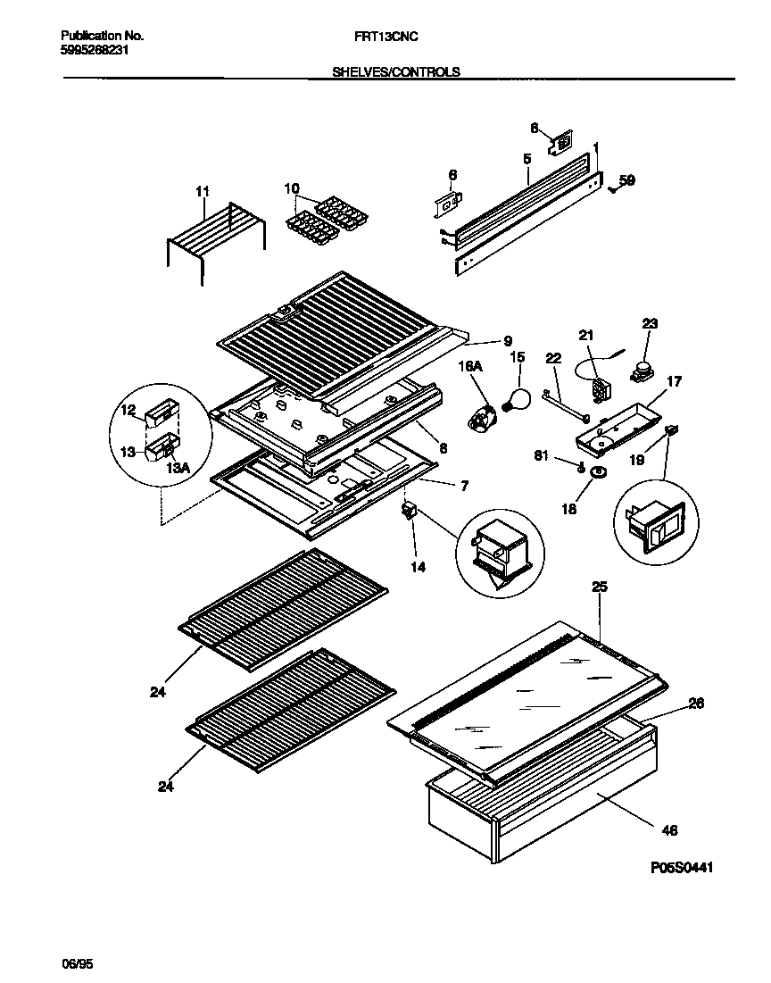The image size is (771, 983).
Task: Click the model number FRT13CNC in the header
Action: coord(385,36)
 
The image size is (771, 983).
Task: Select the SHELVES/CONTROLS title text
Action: coord(396,72)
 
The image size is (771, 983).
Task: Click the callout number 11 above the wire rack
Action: coord(202,191)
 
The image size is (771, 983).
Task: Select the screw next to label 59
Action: coord(613,187)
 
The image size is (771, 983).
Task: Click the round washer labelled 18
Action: coord(599,471)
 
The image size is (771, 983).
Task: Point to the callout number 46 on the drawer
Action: coord(670,830)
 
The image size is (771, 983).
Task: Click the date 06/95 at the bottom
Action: coord(77,963)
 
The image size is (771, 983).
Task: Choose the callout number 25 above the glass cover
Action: coord(600,587)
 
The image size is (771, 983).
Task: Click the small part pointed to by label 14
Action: coord(410,512)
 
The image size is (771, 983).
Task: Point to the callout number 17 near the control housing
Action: coord(674,381)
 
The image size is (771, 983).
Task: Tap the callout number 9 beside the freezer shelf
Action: coord(507,339)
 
